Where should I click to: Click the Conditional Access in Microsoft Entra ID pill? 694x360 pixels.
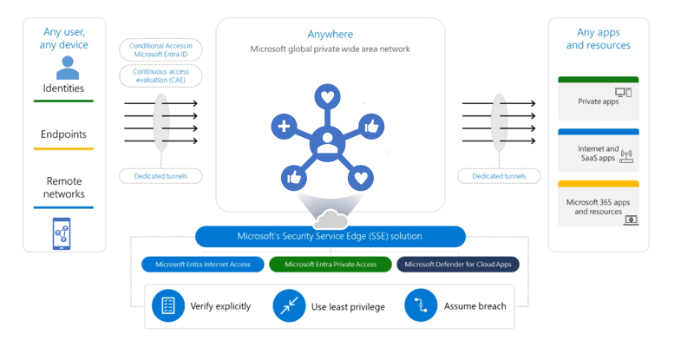tap(165, 50)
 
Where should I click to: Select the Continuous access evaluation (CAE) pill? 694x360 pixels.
tap(165, 76)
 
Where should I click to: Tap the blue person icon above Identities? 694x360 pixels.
tap(64, 67)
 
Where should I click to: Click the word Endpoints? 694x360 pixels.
tap(64, 134)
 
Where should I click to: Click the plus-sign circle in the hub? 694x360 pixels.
tap(284, 127)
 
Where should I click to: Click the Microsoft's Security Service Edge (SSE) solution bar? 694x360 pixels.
tap(330, 236)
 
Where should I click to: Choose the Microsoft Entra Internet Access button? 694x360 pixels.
tap(202, 265)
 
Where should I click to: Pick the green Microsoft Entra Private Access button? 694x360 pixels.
tap(330, 265)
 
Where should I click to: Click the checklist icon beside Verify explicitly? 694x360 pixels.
tap(168, 305)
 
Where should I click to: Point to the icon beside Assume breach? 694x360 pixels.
tap(420, 305)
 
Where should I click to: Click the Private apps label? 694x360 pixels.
tap(598, 101)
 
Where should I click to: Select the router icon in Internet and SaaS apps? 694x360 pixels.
tap(626, 157)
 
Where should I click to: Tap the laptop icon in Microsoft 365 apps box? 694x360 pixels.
tap(632, 220)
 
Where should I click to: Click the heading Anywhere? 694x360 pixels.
tap(330, 34)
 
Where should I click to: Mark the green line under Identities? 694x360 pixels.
tap(63, 101)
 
